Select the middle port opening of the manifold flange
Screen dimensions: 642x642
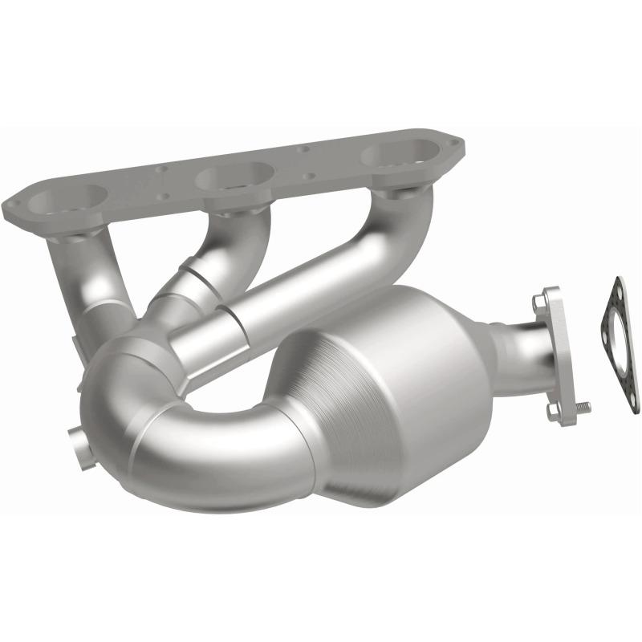[238, 176]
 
